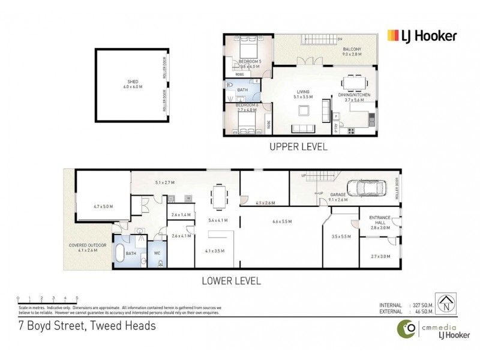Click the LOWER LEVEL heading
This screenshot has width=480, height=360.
232,280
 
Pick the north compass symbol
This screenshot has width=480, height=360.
445,303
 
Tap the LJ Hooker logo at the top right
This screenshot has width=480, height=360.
422,36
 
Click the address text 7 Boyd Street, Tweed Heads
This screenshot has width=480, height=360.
86,326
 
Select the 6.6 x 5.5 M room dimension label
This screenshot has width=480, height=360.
281,221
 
